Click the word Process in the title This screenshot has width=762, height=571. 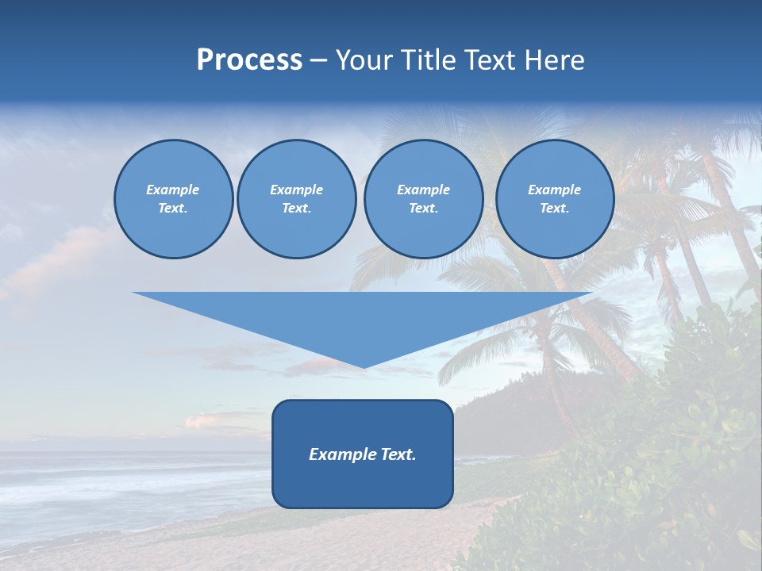(x=249, y=60)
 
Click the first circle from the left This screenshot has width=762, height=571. (x=173, y=199)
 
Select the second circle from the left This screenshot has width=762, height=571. (x=296, y=199)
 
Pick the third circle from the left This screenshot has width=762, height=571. (x=423, y=199)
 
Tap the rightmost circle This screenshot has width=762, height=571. (x=554, y=199)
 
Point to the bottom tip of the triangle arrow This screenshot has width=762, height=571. (x=364, y=367)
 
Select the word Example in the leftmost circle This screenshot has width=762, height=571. (x=173, y=190)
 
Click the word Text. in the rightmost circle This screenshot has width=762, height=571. (x=554, y=209)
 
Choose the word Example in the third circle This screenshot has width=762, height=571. (x=423, y=190)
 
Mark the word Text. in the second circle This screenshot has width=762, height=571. (x=296, y=209)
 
